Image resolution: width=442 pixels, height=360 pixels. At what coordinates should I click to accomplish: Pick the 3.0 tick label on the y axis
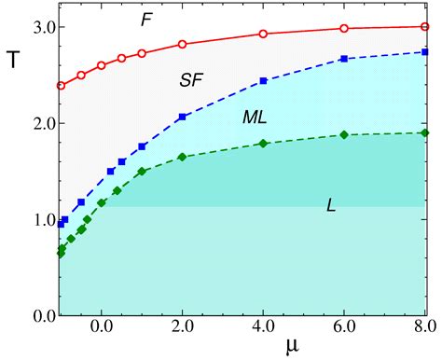coord(34,27)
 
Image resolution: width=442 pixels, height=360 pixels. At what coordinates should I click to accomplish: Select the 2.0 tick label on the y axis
coord(34,123)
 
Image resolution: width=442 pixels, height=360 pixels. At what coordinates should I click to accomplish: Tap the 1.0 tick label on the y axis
coord(34,220)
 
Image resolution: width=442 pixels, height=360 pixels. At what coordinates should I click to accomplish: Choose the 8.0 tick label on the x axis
coord(424,328)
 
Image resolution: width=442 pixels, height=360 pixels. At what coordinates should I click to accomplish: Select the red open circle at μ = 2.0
coord(183,44)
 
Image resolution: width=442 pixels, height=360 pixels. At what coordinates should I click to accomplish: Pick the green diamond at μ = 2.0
coord(183,157)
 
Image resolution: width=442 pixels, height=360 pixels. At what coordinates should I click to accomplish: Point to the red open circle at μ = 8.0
coord(425,27)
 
